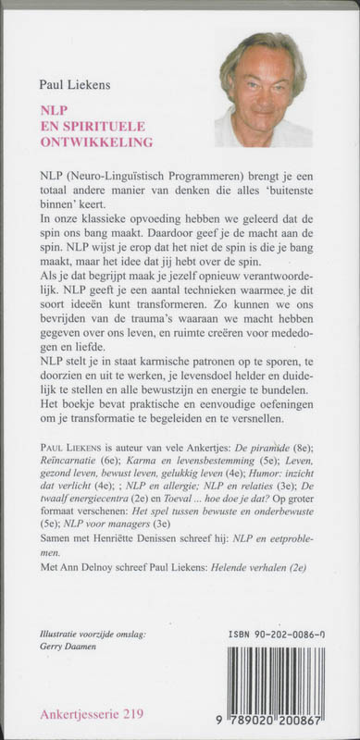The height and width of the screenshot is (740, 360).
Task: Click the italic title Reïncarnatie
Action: (75, 462)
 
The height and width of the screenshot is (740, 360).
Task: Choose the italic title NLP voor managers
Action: (103, 521)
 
